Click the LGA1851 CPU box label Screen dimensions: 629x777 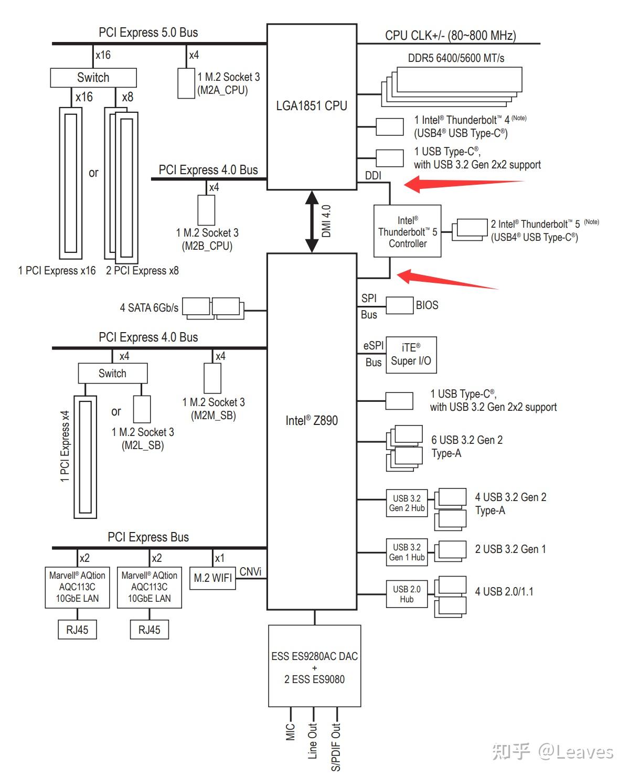[x=311, y=106]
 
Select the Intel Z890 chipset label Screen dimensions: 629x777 [x=312, y=420]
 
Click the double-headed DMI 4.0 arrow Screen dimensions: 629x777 [x=312, y=221]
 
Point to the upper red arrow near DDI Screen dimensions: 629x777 [x=463, y=184]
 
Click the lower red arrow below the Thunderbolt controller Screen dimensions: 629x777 [x=446, y=279]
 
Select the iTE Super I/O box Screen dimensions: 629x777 [x=411, y=355]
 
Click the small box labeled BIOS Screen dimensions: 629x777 [x=399, y=305]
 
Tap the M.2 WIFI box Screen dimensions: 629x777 [x=212, y=578]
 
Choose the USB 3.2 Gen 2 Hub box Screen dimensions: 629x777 [x=407, y=503]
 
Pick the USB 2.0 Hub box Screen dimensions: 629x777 [x=407, y=594]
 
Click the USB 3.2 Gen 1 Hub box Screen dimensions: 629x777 [x=407, y=552]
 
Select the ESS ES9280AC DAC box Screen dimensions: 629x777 [x=314, y=666]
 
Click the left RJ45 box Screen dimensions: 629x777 [x=77, y=630]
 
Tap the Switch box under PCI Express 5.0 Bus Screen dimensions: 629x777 [x=93, y=77]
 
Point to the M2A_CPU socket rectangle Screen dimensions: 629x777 [x=186, y=83]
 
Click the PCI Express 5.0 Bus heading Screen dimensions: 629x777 [x=148, y=33]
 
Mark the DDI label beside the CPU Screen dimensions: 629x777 [x=373, y=175]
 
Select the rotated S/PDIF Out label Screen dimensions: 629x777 [x=335, y=747]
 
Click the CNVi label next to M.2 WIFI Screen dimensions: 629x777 [x=250, y=572]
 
